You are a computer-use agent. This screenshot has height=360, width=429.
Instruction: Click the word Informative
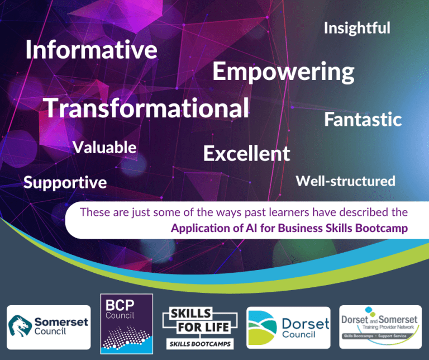click(91, 50)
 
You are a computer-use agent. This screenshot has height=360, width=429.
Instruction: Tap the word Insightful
click(357, 28)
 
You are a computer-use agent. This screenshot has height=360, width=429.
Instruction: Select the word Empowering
click(283, 72)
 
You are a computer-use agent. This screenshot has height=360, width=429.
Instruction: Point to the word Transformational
click(146, 107)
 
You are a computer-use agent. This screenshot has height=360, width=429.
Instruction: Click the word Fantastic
click(363, 119)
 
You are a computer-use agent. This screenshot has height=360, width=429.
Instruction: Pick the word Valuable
click(104, 147)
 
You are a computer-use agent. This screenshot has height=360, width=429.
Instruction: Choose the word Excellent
click(246, 153)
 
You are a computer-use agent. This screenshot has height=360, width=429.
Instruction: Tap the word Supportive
click(65, 182)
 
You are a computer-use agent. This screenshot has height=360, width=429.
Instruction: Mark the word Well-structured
click(345, 181)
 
